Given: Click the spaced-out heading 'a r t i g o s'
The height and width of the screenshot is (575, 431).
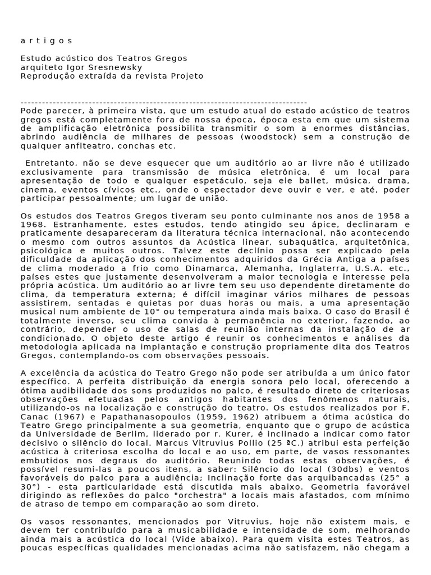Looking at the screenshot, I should [47, 40].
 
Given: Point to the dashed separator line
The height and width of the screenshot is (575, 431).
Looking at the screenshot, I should [163, 102].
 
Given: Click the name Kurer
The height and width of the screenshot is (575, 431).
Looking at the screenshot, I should [230, 435].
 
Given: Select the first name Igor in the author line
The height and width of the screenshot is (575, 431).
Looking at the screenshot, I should [76, 67].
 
